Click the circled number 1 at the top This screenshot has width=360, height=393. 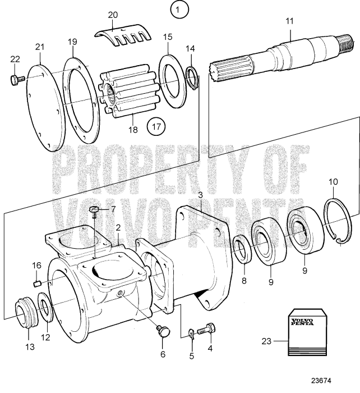coord(179,10)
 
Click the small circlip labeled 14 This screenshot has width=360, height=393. coord(191,73)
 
